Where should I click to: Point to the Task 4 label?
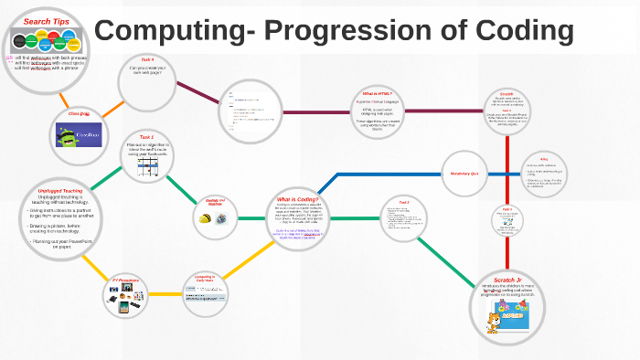point(147,59)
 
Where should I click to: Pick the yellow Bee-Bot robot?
point(205,217)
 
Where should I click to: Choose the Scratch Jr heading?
point(506,278)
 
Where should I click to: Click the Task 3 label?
point(507,208)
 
